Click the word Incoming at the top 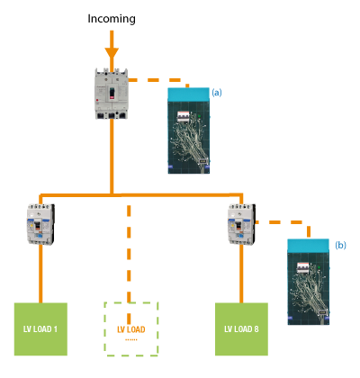[112, 19]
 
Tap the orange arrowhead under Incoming [112, 53]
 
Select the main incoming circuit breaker [112, 94]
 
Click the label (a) [217, 93]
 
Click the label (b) [340, 245]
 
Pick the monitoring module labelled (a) [189, 130]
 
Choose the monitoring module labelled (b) [309, 282]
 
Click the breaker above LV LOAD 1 [40, 224]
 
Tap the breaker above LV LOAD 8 [242, 224]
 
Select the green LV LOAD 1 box [40, 329]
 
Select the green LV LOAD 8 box [241, 329]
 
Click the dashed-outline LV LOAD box [131, 329]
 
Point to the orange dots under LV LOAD [131, 340]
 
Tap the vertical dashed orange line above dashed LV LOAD [129, 254]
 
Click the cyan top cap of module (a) [188, 94]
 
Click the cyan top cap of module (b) [308, 246]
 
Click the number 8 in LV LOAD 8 [256, 329]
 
